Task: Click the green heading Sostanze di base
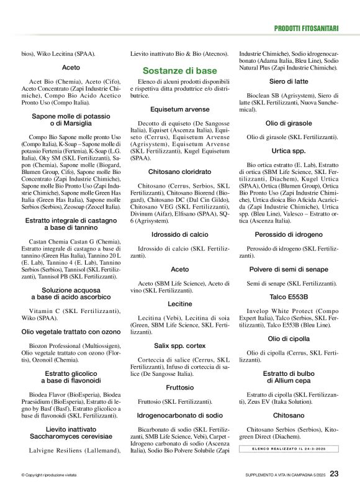(x=179, y=71)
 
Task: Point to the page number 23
(x=334, y=473)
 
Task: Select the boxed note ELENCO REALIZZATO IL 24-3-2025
(x=289, y=448)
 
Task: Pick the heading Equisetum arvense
(x=179, y=109)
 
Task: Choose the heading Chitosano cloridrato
(x=179, y=171)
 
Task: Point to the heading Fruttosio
(x=179, y=386)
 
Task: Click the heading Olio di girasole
(x=289, y=123)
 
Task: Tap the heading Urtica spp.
(x=289, y=150)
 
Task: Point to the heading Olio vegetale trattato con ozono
(x=71, y=332)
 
